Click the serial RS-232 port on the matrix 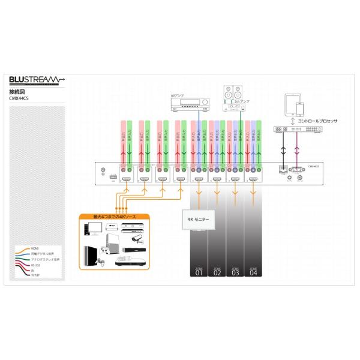click(x=296, y=170)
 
